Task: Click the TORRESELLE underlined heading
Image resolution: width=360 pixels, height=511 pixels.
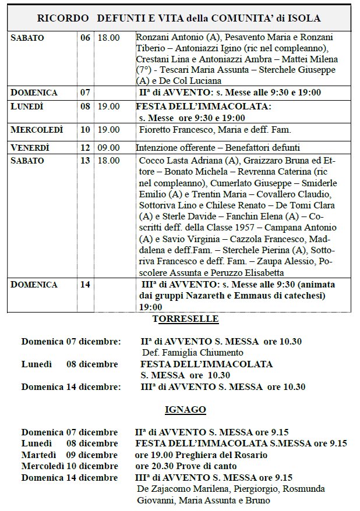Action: tap(185, 319)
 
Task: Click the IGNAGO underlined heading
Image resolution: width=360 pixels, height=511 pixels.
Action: tap(185, 410)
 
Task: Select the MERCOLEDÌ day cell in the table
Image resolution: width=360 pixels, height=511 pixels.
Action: tap(37, 129)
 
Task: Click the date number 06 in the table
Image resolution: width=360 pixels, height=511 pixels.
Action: tap(85, 38)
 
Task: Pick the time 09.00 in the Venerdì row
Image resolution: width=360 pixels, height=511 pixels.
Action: tap(109, 147)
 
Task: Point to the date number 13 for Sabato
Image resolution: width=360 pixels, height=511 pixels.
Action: tap(85, 160)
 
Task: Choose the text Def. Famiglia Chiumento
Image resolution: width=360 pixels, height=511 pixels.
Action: tap(192, 352)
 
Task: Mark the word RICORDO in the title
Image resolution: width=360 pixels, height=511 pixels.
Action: tap(63, 19)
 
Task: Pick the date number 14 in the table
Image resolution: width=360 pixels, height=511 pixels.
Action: tap(85, 285)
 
